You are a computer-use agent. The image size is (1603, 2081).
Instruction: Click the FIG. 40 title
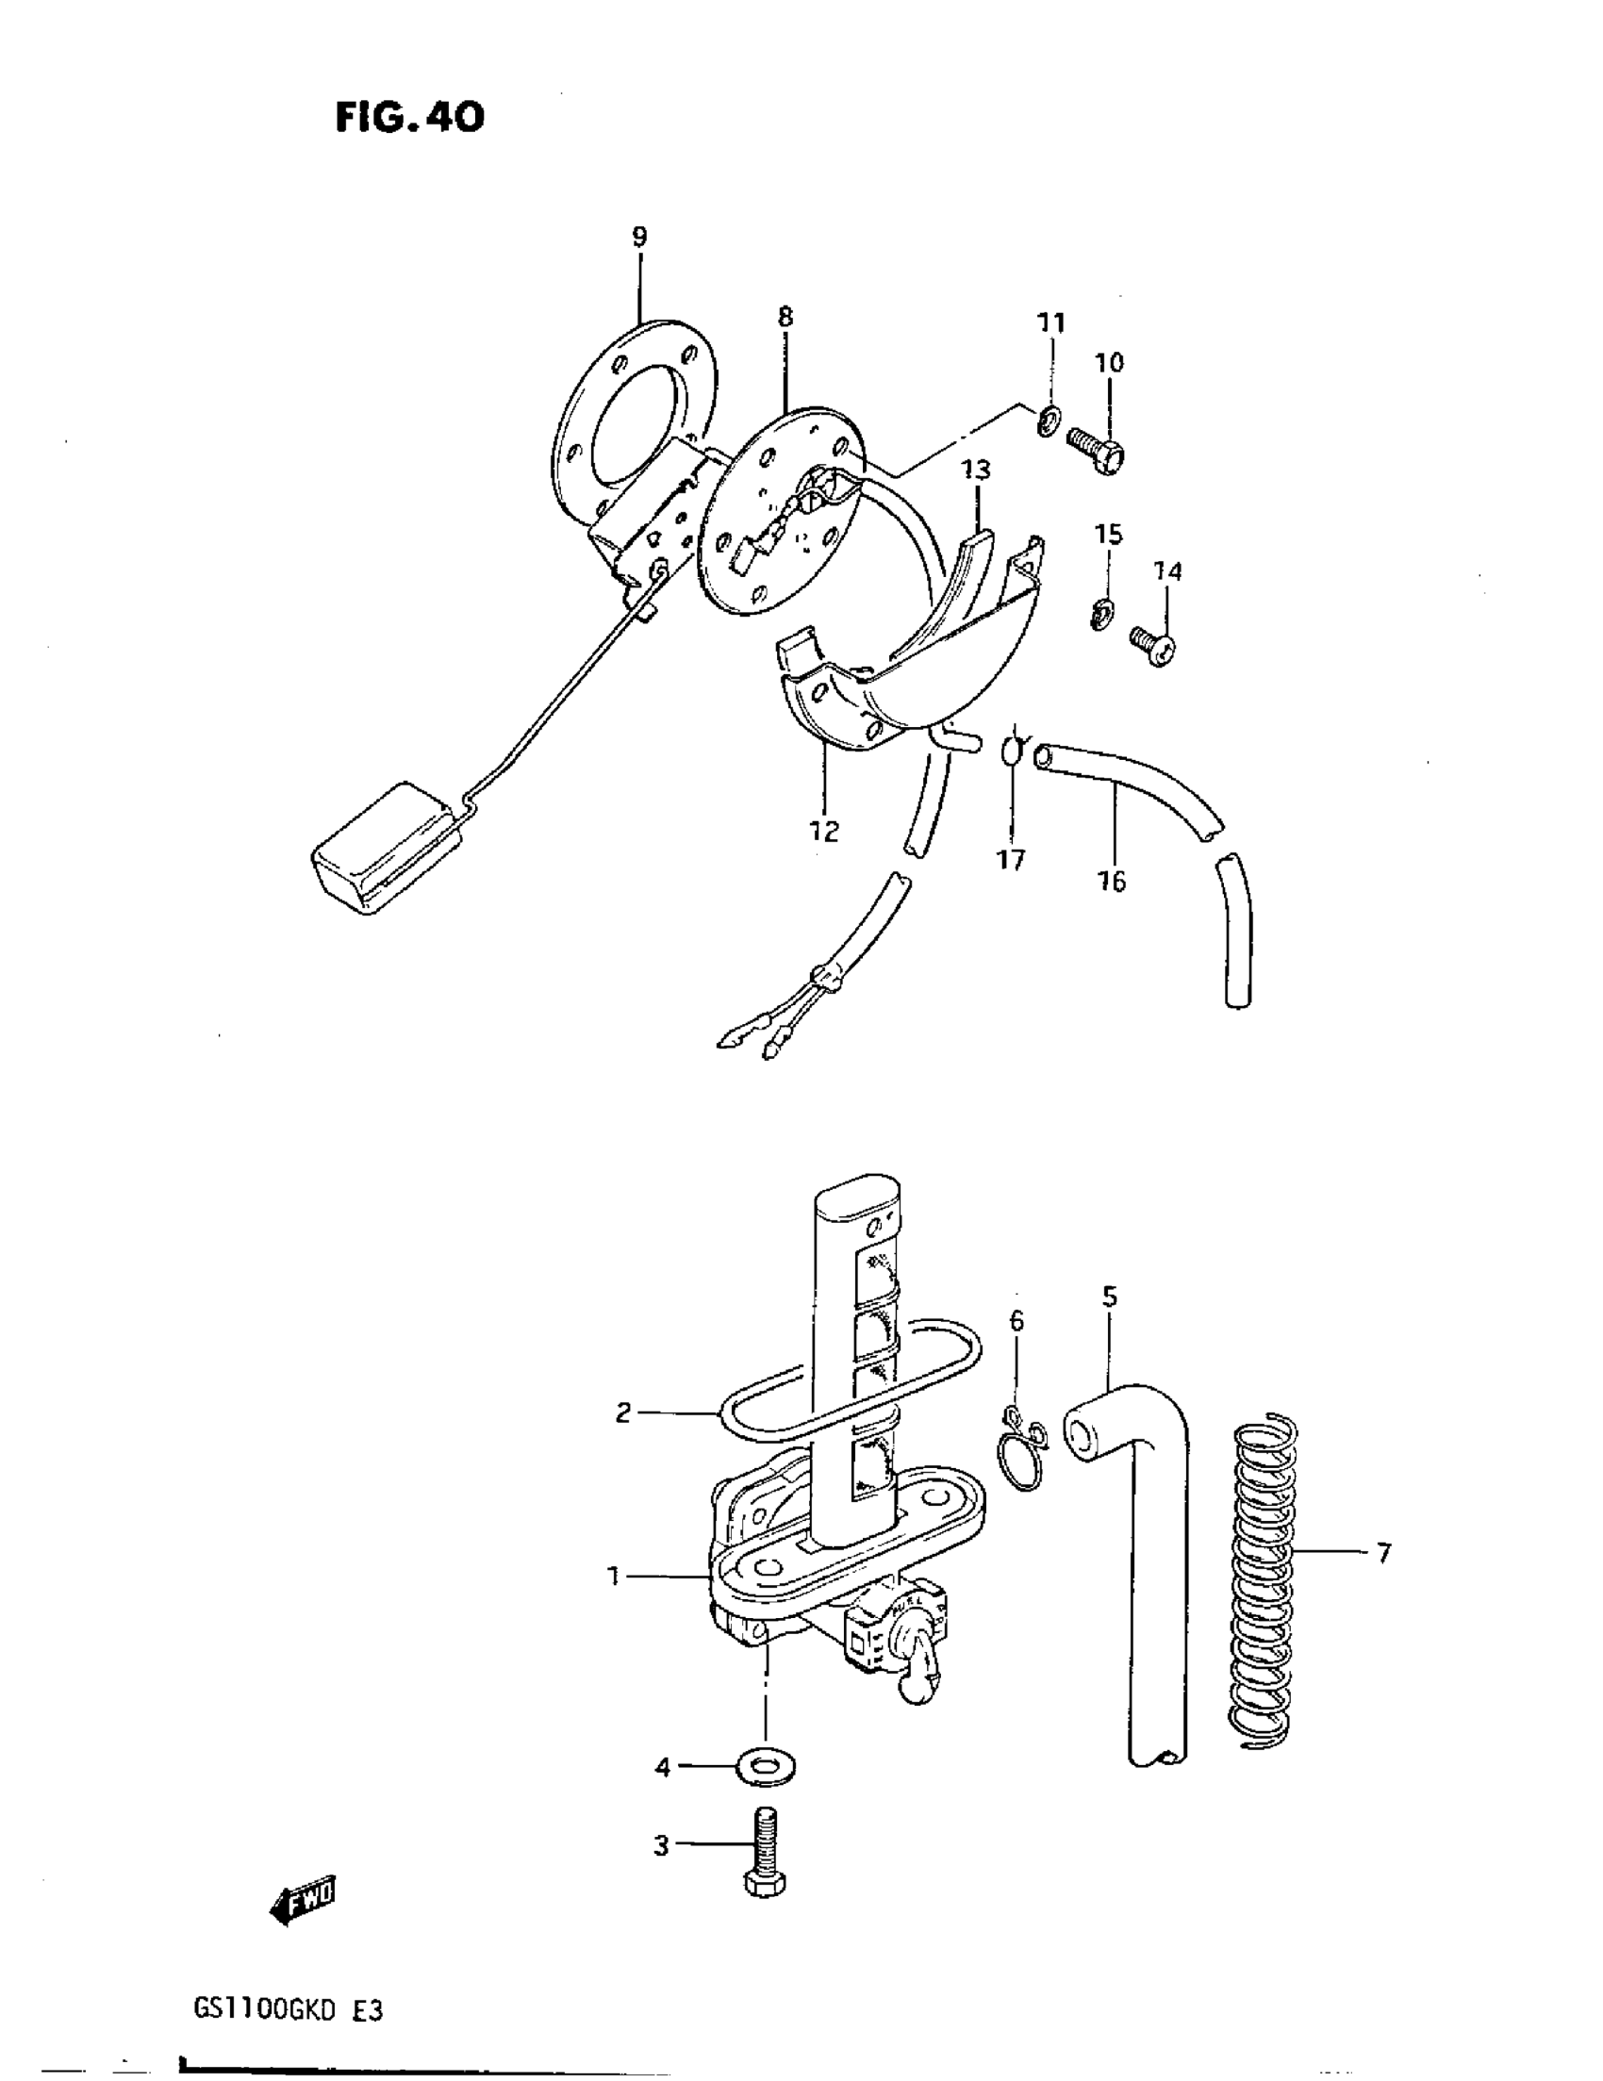[410, 117]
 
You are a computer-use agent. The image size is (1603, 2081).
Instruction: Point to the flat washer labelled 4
[766, 1768]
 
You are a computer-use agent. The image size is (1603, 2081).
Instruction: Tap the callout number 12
[824, 831]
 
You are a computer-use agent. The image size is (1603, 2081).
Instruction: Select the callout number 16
[1112, 882]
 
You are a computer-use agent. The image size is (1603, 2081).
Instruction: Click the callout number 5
[1108, 1296]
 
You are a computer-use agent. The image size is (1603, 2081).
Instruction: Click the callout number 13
[975, 470]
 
